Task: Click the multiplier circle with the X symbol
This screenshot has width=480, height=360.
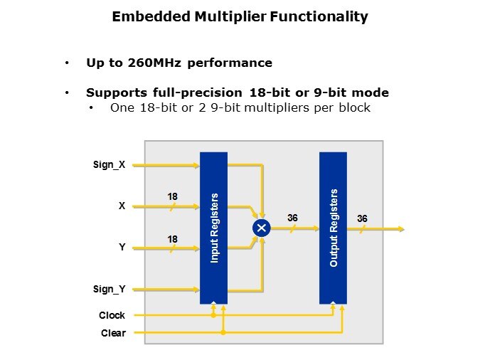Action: (262, 228)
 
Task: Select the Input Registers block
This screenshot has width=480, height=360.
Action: (213, 228)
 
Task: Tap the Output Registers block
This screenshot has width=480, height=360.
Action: (333, 228)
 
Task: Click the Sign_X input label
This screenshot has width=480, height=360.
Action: (110, 165)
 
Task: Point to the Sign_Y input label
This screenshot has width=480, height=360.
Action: (110, 290)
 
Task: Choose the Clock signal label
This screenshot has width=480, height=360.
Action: (112, 315)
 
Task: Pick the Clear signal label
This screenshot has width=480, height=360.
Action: (113, 333)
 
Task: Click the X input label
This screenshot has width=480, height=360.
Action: (122, 206)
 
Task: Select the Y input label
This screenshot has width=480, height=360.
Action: (122, 247)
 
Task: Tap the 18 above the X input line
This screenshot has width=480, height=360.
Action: (172, 196)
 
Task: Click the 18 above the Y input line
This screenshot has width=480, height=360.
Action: (172, 239)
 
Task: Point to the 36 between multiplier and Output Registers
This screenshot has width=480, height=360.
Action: (292, 218)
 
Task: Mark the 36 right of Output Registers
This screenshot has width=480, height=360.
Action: (362, 218)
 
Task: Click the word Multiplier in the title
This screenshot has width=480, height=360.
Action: (230, 16)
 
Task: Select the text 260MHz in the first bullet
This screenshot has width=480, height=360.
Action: (154, 63)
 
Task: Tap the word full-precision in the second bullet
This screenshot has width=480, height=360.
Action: (198, 92)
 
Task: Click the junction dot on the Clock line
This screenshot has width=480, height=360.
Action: (213, 315)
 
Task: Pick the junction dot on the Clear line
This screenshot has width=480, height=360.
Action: (223, 332)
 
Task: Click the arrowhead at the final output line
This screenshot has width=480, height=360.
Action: (401, 228)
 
